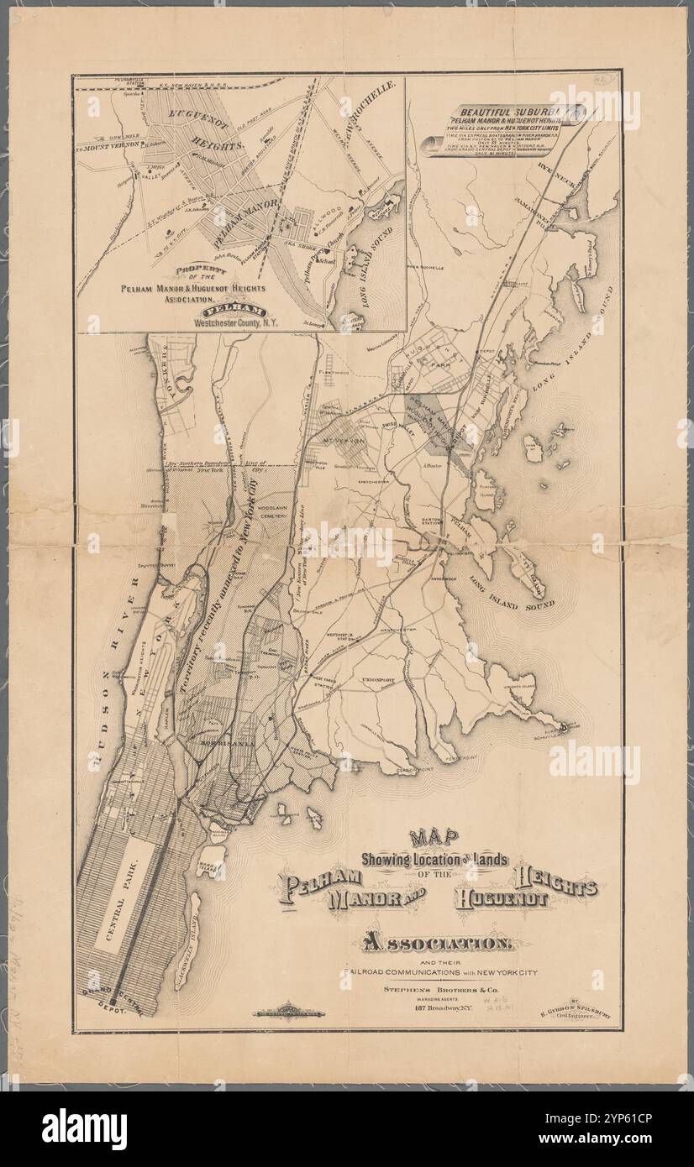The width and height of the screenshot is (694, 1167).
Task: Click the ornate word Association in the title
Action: point(434,944)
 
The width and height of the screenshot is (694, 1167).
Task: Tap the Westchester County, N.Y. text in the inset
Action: point(244,322)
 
